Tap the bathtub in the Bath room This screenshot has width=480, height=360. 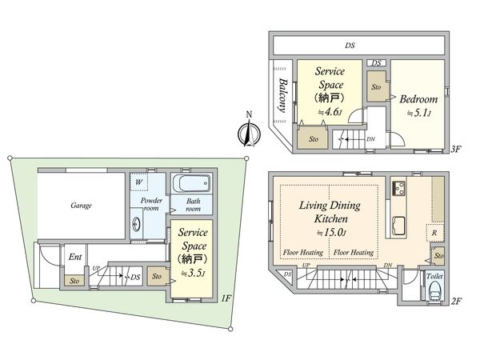tap(192, 183)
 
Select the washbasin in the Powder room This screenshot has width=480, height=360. tap(137, 225)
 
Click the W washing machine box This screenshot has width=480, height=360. tap(139, 182)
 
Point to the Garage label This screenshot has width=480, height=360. tap(81, 205)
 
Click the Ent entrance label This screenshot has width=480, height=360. tap(75, 257)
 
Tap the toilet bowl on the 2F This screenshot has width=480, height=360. tap(434, 291)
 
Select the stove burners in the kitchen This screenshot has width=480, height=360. tap(399, 188)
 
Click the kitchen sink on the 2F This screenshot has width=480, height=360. tap(399, 226)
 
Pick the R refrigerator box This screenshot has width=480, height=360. tap(435, 233)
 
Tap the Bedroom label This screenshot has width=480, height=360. tap(418, 99)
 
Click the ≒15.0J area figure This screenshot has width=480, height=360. tap(331, 233)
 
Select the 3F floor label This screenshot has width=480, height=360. tap(456, 149)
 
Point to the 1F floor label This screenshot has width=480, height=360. tap(226, 298)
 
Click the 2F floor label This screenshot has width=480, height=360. tap(456, 302)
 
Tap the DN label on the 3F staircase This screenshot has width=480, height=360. tap(370, 139)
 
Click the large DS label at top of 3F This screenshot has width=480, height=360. tap(350, 46)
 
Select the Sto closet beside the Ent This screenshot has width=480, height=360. tap(74, 281)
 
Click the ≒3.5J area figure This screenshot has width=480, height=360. tap(193, 274)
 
